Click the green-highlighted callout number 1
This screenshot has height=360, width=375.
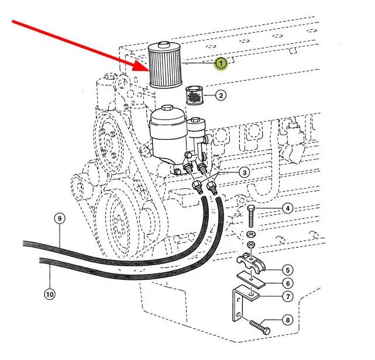click(221, 63)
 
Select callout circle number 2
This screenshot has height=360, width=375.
click(221, 95)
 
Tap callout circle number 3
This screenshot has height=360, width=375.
click(244, 172)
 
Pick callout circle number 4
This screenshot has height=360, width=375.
click(287, 208)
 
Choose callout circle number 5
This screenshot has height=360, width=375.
click(287, 270)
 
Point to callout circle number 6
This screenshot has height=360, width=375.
click(287, 283)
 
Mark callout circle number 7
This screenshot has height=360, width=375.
click(287, 296)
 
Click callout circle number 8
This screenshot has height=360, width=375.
click(287, 320)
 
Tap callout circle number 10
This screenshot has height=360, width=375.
click(49, 294)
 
